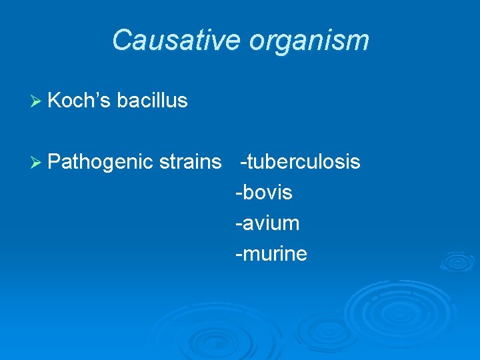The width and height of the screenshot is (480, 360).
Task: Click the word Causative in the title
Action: coord(176,40)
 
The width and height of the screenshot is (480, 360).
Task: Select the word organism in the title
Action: coord(309,40)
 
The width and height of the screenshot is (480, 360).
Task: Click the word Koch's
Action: coord(79,101)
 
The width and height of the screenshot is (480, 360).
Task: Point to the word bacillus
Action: coord(152,101)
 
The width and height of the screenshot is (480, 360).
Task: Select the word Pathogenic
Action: coord(101,162)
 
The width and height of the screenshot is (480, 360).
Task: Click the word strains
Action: coord(191,162)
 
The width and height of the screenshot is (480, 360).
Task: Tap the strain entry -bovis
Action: coord(264,193)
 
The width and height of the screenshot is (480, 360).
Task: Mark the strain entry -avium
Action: coord(267,223)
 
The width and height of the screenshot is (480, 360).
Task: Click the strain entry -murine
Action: coord(271,254)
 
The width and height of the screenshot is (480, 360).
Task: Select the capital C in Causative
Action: coord(121,40)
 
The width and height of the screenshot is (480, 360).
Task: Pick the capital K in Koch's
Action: coord(55,101)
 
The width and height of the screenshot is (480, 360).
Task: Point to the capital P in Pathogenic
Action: coord(55,162)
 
